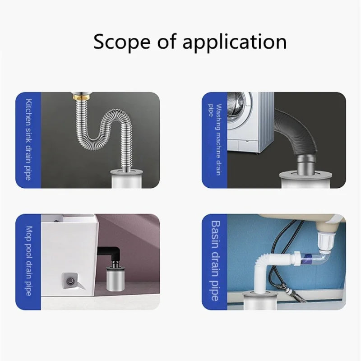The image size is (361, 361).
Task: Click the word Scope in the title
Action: (x=122, y=42)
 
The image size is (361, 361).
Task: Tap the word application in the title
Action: (x=235, y=42)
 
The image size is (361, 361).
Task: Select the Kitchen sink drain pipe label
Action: (x=28, y=140)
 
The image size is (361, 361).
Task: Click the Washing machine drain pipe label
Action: (x=215, y=140)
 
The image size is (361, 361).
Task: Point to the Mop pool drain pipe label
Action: (x=28, y=261)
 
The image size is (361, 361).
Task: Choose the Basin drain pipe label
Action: (x=215, y=261)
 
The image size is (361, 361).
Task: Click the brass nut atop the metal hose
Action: (x=82, y=96)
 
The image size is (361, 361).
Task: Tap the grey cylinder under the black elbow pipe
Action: (x=116, y=278)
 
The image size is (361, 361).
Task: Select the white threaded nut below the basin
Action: (x=325, y=240)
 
